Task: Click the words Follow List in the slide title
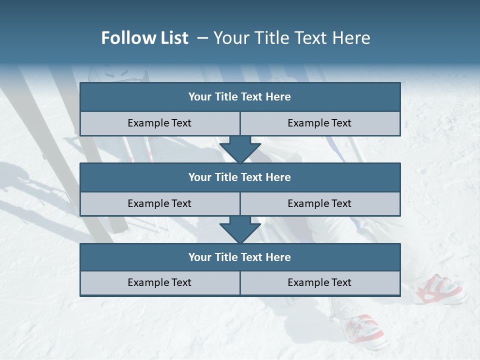click(144, 38)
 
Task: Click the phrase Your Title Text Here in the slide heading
click(291, 38)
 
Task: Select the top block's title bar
click(240, 97)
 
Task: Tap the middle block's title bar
click(240, 177)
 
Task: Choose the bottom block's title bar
click(240, 257)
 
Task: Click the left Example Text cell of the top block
click(159, 123)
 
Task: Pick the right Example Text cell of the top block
click(319, 123)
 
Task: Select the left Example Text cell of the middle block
click(159, 204)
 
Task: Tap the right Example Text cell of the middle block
click(319, 204)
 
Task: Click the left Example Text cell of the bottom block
click(159, 283)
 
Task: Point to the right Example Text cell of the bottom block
click(319, 283)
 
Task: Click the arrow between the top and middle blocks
click(240, 149)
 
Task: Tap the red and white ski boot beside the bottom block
click(437, 289)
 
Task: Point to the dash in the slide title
click(202, 38)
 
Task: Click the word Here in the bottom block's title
click(278, 257)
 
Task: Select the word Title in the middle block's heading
click(226, 177)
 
